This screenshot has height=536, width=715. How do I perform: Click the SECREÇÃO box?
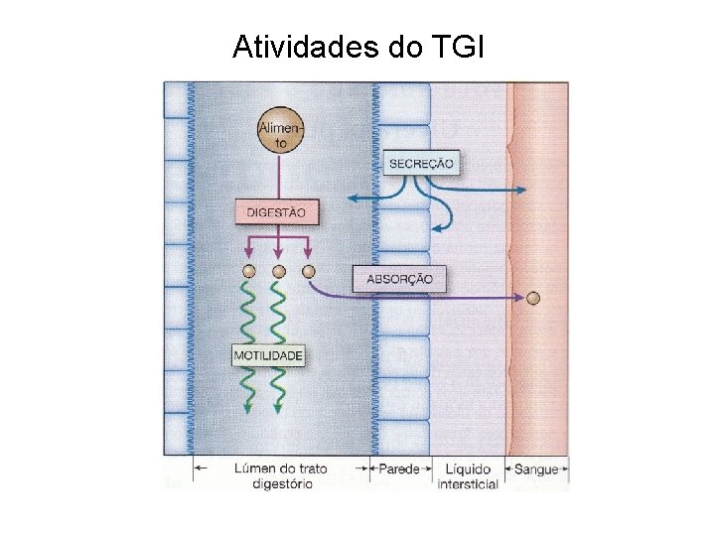422,164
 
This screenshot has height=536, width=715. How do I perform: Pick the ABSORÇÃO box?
400,279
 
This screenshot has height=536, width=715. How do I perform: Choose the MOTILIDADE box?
268,354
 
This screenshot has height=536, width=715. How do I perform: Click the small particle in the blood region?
534,297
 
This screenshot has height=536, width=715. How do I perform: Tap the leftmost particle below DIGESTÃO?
249,271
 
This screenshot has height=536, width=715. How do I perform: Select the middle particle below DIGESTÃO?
278,271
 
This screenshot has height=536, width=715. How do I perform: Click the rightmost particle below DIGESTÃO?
308,271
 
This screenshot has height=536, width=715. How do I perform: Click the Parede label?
400,469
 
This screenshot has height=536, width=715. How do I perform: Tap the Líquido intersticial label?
468,475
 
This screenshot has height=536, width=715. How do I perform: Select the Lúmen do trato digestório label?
282,475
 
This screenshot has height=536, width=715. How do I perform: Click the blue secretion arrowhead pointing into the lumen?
351,200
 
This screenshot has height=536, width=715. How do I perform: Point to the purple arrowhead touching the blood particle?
522,297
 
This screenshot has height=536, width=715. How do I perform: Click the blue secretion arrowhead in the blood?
523,187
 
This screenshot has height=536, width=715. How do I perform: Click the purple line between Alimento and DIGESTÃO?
277,179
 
